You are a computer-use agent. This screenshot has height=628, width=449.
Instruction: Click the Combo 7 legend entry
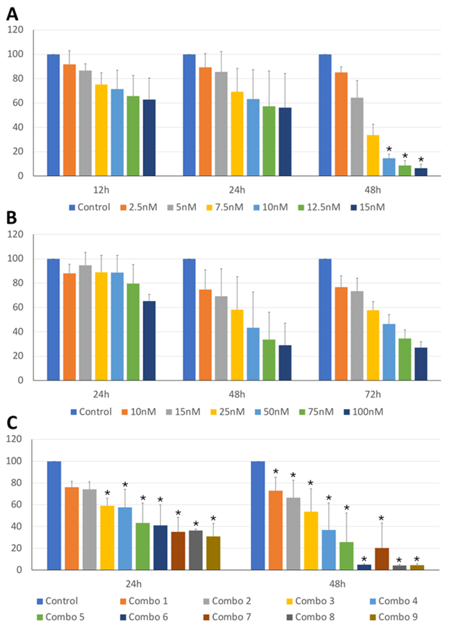227,617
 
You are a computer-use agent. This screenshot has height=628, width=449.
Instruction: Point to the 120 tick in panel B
15,234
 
